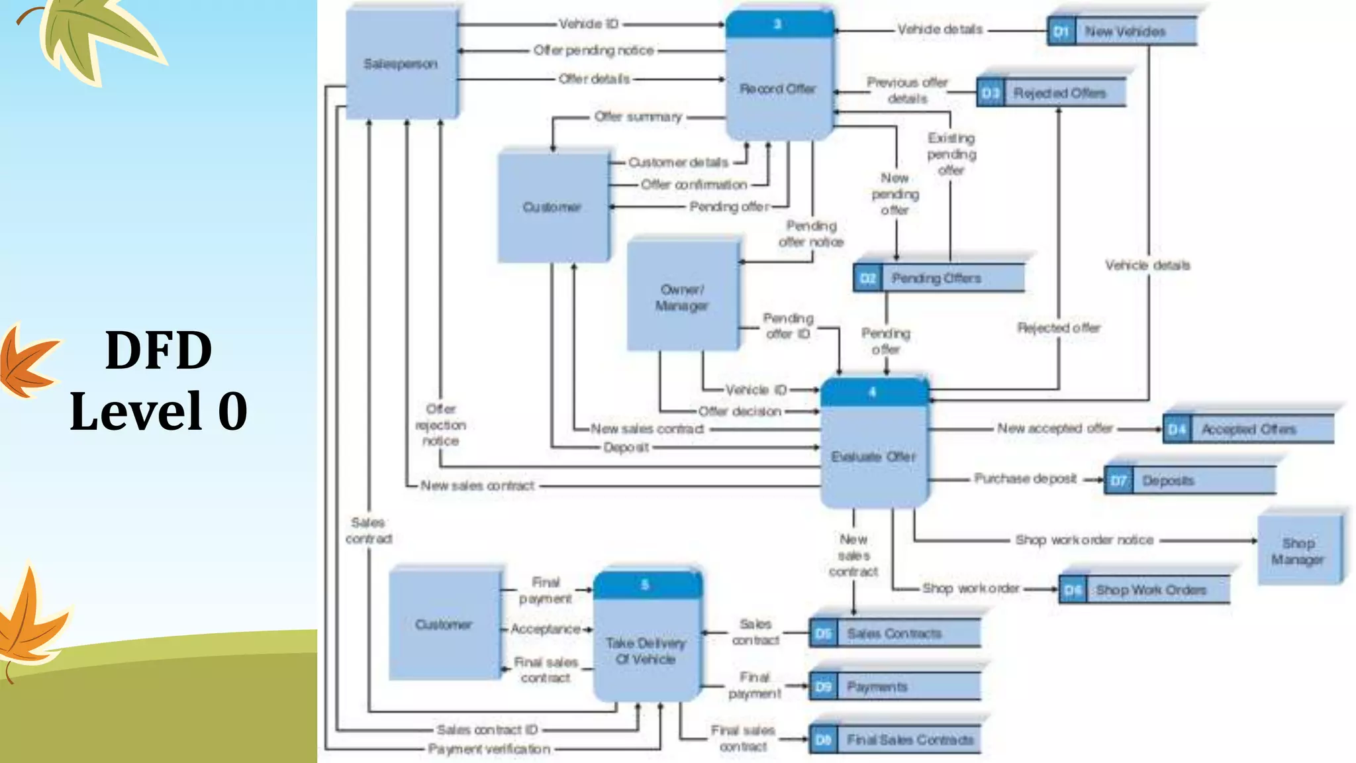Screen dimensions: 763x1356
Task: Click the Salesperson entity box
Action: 401,64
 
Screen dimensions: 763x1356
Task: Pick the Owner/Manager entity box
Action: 682,297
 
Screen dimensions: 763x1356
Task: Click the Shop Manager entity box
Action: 1298,550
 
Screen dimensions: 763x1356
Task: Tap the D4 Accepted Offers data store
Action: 1247,429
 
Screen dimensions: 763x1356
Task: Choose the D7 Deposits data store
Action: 1189,480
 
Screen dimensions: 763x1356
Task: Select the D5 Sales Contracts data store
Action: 894,634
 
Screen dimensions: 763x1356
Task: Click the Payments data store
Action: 894,687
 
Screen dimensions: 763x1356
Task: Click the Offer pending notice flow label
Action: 593,50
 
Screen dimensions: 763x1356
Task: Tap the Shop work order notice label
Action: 1085,540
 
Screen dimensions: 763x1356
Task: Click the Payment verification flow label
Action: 489,749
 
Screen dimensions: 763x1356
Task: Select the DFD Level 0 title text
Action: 159,381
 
